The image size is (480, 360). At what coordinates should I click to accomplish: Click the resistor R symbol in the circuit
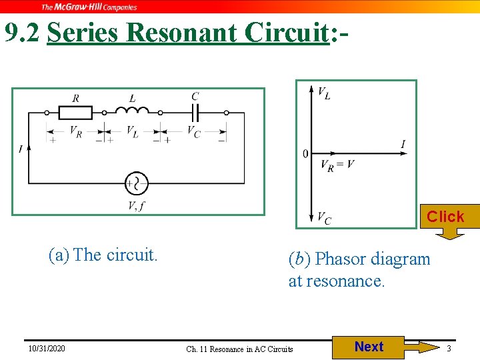click(x=75, y=113)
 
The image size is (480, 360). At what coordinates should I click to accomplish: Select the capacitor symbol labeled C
click(x=195, y=112)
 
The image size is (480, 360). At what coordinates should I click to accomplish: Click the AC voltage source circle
click(x=137, y=183)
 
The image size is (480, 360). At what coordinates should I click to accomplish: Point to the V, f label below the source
click(x=137, y=205)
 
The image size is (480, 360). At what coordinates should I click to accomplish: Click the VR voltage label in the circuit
click(x=76, y=131)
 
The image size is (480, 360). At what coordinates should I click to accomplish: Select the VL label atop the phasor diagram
click(x=324, y=93)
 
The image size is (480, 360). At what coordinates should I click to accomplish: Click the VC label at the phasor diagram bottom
click(x=324, y=218)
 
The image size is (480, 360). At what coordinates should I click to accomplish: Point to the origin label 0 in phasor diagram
click(x=305, y=154)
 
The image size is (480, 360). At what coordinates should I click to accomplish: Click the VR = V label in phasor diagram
click(x=337, y=165)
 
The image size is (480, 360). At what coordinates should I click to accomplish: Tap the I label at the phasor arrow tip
click(x=403, y=144)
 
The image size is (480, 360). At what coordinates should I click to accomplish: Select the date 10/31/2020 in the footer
click(x=47, y=349)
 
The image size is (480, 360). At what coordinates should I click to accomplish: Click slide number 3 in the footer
click(x=449, y=349)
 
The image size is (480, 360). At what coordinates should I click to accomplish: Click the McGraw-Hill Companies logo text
click(x=89, y=7)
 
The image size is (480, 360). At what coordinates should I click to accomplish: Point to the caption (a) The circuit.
click(x=103, y=255)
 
